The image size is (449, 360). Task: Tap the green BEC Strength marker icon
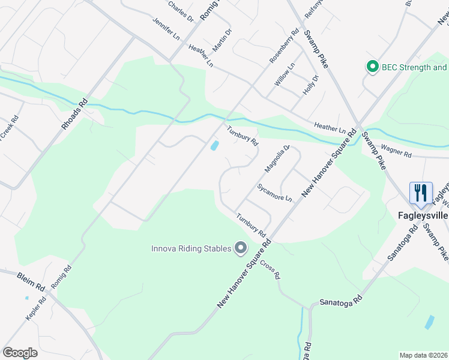(x=372, y=67)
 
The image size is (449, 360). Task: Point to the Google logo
(x=20, y=352)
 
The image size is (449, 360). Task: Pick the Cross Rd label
(x=270, y=271)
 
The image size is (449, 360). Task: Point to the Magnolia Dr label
(x=277, y=158)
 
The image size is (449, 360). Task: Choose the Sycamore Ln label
(x=274, y=193)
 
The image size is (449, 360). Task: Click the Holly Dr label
(x=310, y=85)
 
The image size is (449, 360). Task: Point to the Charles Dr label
(x=181, y=11)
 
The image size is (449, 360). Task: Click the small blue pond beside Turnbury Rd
(x=214, y=145)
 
